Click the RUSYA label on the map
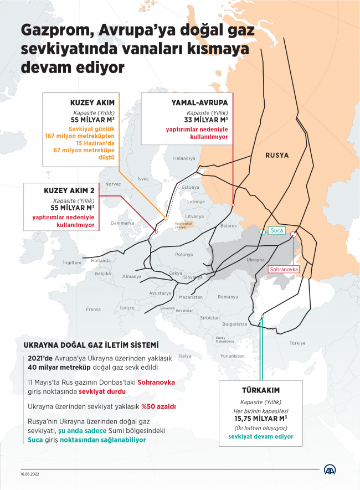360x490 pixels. [x=277, y=155]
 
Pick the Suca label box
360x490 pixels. [x=276, y=230]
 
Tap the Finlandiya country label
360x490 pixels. [x=184, y=158]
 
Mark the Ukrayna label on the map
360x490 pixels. [x=255, y=259]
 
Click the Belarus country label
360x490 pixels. [x=228, y=226]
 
